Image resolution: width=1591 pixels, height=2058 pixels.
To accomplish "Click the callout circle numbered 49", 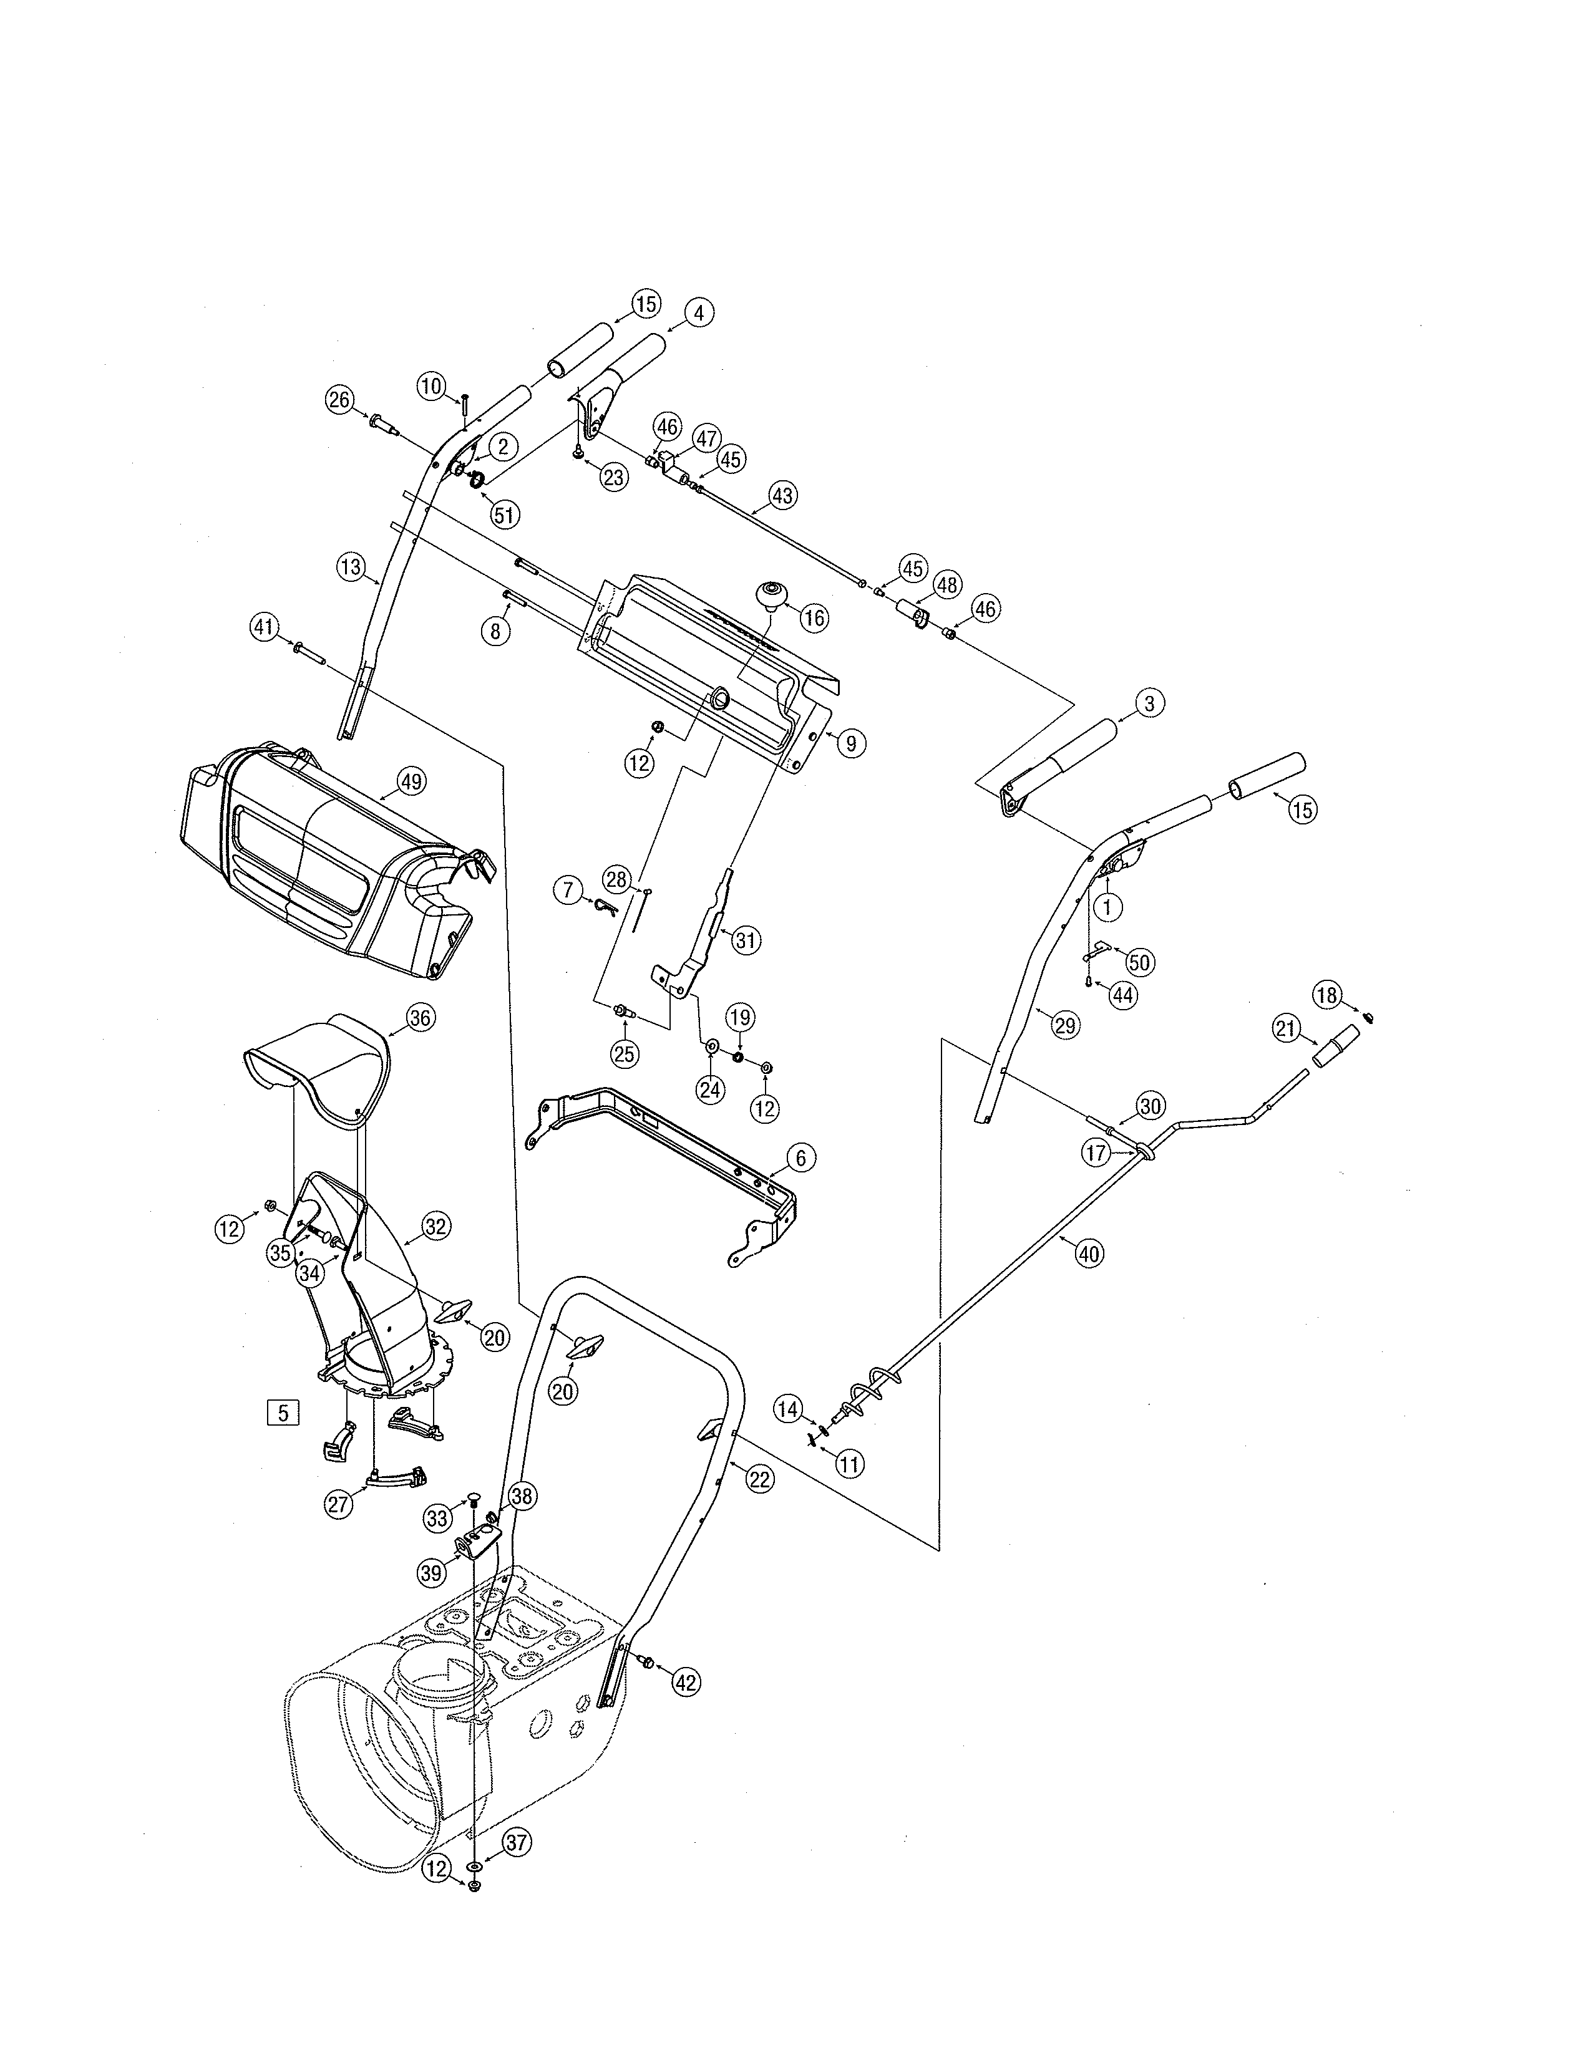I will click(x=411, y=781).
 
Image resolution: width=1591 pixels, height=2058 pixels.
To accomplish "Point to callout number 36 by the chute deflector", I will click(x=421, y=1018).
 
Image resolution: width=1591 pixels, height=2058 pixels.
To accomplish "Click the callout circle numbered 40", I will click(x=1089, y=1254).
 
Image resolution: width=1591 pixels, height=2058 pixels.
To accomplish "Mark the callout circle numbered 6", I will click(x=800, y=1158).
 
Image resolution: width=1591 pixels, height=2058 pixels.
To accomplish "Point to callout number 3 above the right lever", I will click(x=1149, y=703).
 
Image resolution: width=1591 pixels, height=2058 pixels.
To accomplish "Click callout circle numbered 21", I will click(x=1287, y=1030).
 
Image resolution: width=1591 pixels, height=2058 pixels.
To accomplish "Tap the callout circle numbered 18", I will click(x=1327, y=995).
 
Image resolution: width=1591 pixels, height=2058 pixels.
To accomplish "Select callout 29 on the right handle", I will click(x=1065, y=1026).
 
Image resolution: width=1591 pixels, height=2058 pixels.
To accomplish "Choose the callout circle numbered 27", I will click(x=338, y=1505).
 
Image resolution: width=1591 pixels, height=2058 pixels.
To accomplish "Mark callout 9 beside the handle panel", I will click(x=850, y=743).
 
